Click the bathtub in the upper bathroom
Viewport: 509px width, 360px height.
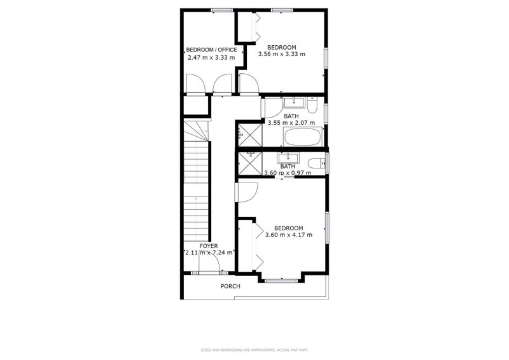pyautogui.click(x=302, y=137)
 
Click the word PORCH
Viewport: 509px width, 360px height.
pyautogui.click(x=230, y=286)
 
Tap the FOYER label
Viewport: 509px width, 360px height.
pyautogui.click(x=209, y=246)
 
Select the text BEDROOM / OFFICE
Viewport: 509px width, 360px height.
pyautogui.click(x=211, y=50)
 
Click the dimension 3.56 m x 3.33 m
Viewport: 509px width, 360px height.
pyautogui.click(x=282, y=54)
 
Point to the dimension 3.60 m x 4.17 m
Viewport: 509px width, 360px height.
pyautogui.click(x=288, y=235)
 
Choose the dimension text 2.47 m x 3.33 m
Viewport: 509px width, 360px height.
pyautogui.click(x=211, y=57)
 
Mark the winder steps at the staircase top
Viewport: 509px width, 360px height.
pyautogui.click(x=197, y=132)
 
